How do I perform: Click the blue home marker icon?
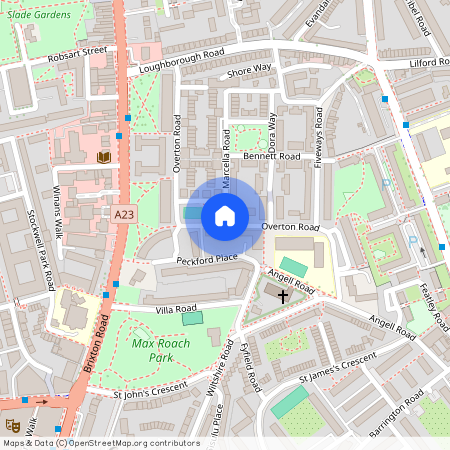tap(225, 215)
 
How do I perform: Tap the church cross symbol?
tap(283, 296)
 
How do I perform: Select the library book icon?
tap(103, 157)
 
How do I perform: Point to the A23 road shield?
tap(123, 215)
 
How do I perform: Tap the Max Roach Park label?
tap(160, 350)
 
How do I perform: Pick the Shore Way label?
tap(249, 70)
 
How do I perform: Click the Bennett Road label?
tap(271, 157)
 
